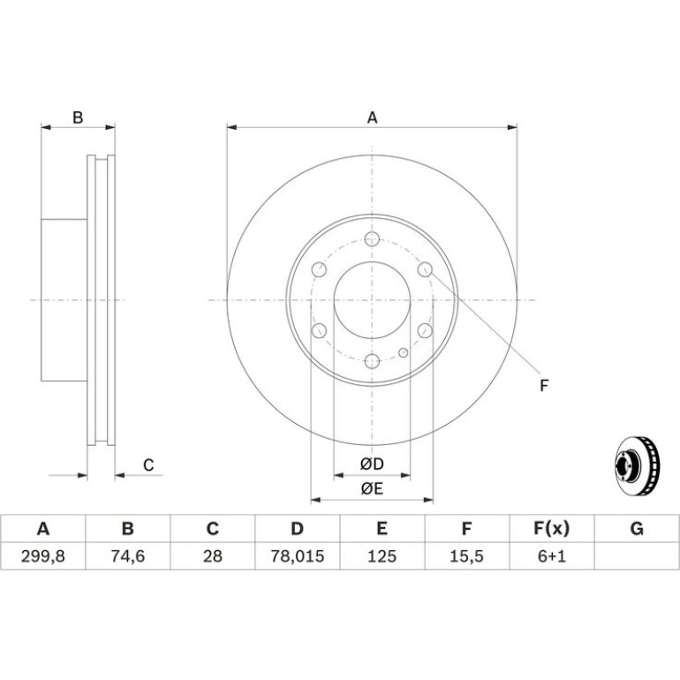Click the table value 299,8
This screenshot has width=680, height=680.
43,556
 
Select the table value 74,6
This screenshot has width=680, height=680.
127,556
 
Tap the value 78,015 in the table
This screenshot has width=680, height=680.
297,556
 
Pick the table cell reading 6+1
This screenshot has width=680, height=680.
552,556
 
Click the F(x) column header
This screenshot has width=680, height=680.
552,529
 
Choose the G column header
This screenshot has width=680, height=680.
637,529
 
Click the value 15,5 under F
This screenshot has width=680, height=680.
466,556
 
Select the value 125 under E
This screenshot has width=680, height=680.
382,556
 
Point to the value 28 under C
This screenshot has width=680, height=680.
213,556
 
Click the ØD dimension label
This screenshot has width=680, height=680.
372,464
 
